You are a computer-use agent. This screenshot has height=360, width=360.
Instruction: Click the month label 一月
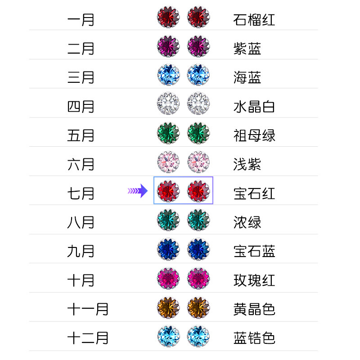pyautogui.click(x=81, y=20)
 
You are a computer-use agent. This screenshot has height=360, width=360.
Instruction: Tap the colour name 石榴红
pyautogui.click(x=254, y=20)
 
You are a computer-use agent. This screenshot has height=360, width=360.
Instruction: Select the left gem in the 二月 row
pyautogui.click(x=168, y=46)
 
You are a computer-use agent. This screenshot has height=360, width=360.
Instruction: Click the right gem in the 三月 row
pyautogui.click(x=198, y=75)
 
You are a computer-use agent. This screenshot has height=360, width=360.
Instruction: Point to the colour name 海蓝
pyautogui.click(x=247, y=77)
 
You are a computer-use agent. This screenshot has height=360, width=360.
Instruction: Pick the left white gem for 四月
pyautogui.click(x=168, y=104)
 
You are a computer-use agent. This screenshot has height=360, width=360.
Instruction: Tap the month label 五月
pyautogui.click(x=81, y=135)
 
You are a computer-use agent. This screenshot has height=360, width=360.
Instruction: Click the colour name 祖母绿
pyautogui.click(x=254, y=135)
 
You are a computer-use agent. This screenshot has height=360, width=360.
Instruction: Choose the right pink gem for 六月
pyautogui.click(x=198, y=162)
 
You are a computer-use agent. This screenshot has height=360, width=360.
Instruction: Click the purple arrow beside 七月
pyautogui.click(x=138, y=191)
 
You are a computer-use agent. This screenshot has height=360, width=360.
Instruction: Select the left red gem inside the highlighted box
pyautogui.click(x=168, y=191)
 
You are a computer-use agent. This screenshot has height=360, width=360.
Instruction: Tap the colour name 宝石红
pyautogui.click(x=254, y=193)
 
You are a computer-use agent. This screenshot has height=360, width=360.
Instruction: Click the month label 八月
pyautogui.click(x=81, y=222)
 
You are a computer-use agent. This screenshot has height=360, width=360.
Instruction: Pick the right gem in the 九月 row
pyautogui.click(x=198, y=249)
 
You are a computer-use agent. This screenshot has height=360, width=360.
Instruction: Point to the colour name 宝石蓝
pyautogui.click(x=254, y=251)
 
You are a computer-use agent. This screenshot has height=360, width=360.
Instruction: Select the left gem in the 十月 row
pyautogui.click(x=168, y=278)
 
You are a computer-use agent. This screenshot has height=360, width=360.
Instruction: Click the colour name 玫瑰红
pyautogui.click(x=254, y=280)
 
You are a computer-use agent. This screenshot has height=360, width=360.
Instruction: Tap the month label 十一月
pyautogui.click(x=88, y=309)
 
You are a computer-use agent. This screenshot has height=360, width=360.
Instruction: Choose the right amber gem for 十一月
pyautogui.click(x=198, y=307)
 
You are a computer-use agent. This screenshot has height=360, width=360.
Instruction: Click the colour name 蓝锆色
pyautogui.click(x=254, y=338)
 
